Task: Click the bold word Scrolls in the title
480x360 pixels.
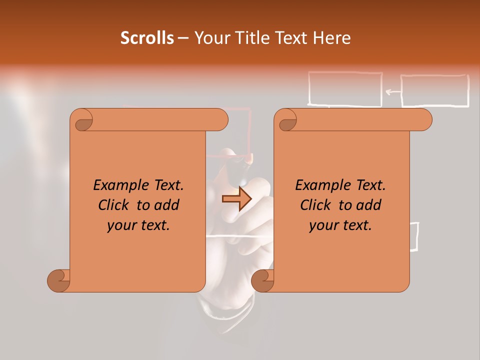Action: (147, 38)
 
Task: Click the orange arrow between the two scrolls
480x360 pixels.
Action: (237, 199)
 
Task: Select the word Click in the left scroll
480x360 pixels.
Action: (113, 205)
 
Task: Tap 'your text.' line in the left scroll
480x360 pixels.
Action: (138, 225)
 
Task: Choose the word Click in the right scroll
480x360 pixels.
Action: (315, 205)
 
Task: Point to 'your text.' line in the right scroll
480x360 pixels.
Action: (340, 225)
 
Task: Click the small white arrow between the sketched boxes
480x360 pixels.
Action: (393, 91)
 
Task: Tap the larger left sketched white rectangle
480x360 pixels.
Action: (345, 89)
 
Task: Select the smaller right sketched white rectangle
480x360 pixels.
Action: (435, 90)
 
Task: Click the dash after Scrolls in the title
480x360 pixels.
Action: (183, 38)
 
